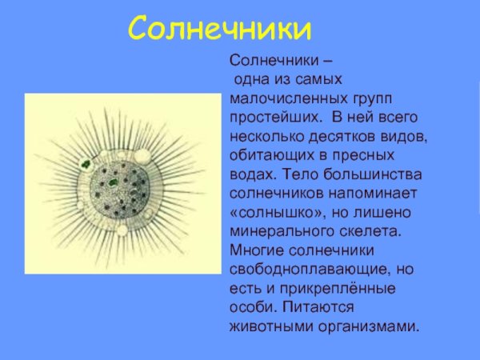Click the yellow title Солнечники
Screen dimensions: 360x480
pos(220,30)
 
